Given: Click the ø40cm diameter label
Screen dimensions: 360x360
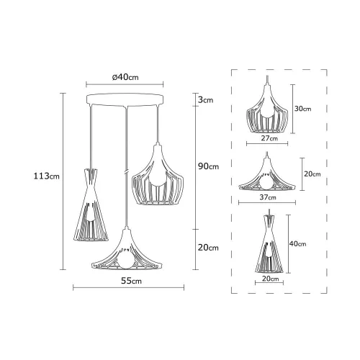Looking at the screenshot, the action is click(x=125, y=77).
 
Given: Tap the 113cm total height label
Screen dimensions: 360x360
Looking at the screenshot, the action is click(x=46, y=176).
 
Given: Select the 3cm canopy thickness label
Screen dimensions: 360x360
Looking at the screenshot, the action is click(x=205, y=100).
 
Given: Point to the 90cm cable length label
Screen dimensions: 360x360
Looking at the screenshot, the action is click(x=208, y=166).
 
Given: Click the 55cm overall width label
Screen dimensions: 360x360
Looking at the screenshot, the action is click(x=131, y=281).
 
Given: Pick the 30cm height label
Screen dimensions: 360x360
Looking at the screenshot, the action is click(x=303, y=109).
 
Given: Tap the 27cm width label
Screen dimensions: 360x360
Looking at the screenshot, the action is click(x=269, y=138).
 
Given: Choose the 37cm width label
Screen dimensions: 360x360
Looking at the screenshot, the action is click(x=268, y=197).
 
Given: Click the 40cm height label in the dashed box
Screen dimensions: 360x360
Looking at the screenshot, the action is click(x=297, y=243).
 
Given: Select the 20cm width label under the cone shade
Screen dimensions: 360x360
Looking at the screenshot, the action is click(x=271, y=279).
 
